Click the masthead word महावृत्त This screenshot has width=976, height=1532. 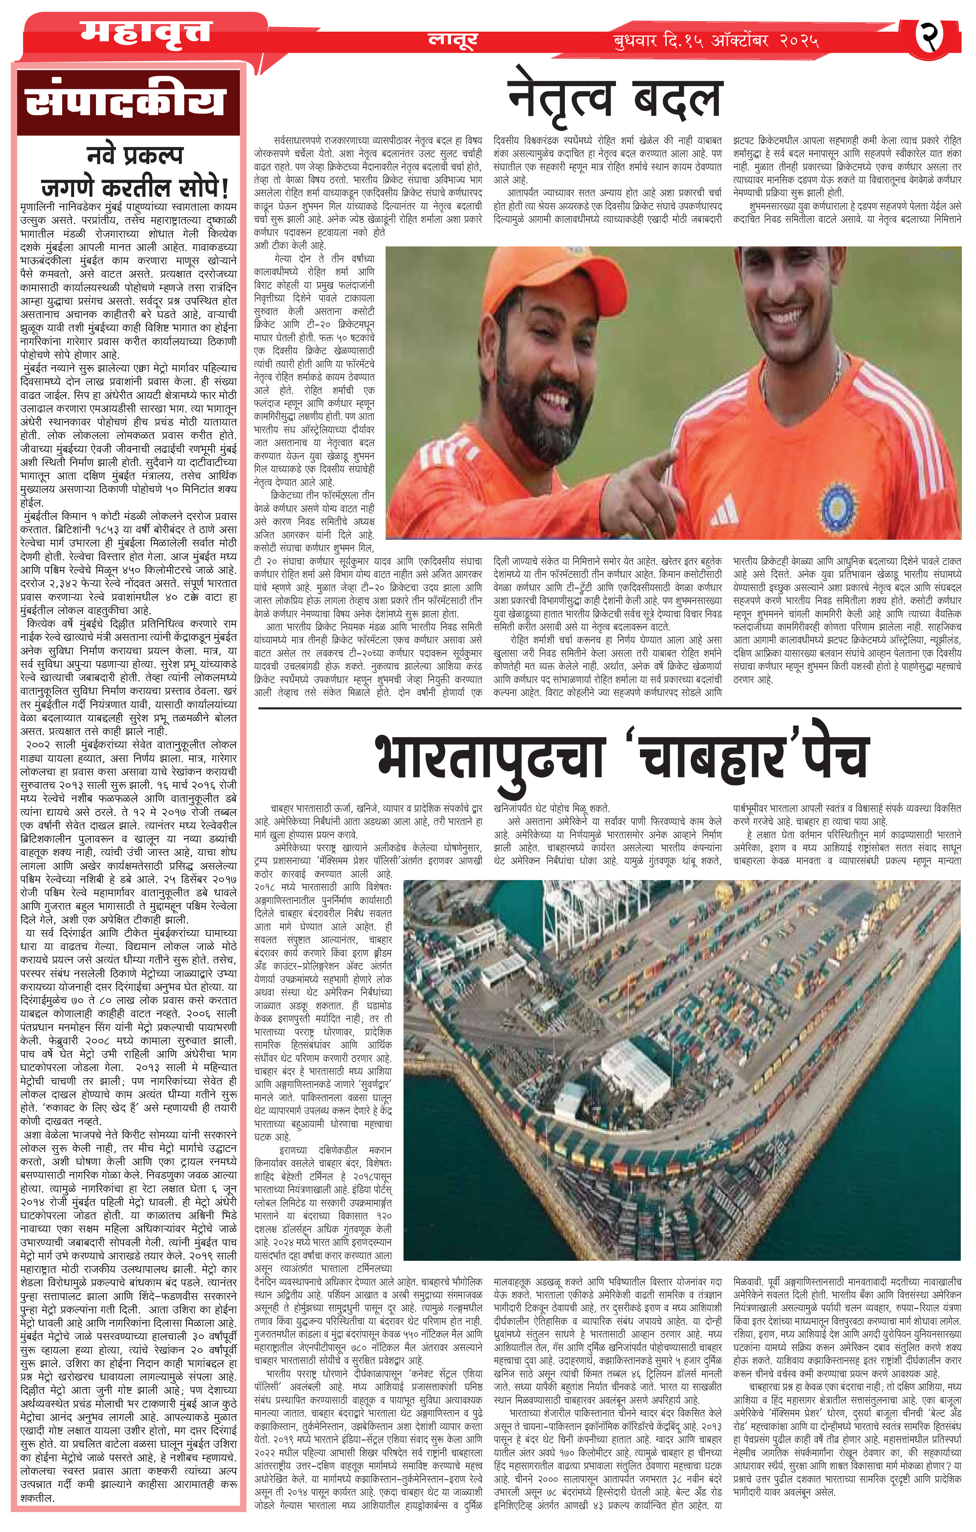(x=145, y=33)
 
